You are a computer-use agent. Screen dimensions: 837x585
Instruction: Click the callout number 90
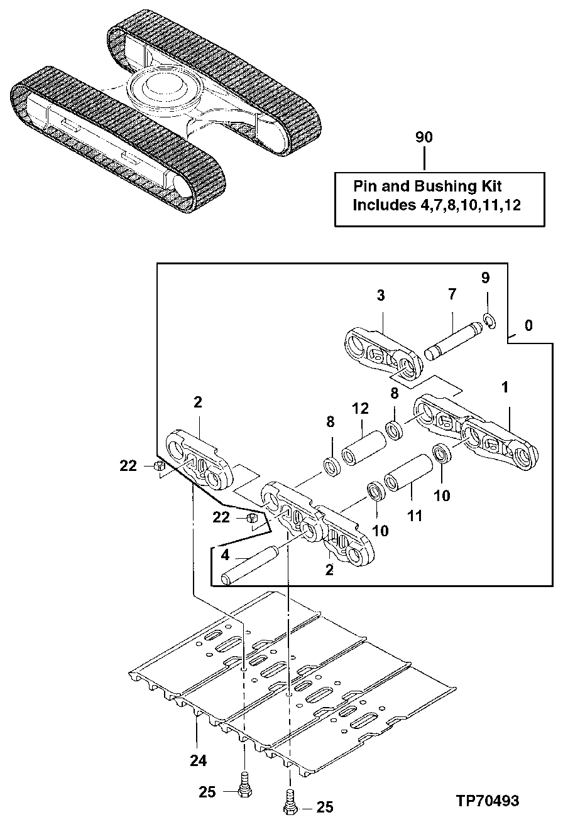pyautogui.click(x=425, y=137)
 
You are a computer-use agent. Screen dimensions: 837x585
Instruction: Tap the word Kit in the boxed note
pyautogui.click(x=489, y=186)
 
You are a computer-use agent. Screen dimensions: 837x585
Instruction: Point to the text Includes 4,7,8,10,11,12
pyautogui.click(x=436, y=205)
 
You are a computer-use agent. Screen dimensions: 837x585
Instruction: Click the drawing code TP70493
pyautogui.click(x=488, y=801)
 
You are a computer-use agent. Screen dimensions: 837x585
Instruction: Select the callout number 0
pyautogui.click(x=528, y=325)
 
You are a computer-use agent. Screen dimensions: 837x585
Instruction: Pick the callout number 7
pyautogui.click(x=452, y=294)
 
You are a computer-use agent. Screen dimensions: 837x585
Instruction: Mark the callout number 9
pyautogui.click(x=485, y=277)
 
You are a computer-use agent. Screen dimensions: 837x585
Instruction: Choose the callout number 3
pyautogui.click(x=381, y=295)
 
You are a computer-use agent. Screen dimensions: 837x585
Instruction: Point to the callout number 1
pyautogui.click(x=505, y=389)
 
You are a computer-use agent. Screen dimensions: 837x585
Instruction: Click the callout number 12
pyautogui.click(x=359, y=408)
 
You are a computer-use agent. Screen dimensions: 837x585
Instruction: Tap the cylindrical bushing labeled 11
pyautogui.click(x=408, y=478)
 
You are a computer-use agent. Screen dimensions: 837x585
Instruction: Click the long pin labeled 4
pyautogui.click(x=250, y=564)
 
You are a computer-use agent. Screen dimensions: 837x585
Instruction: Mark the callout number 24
pyautogui.click(x=198, y=760)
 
